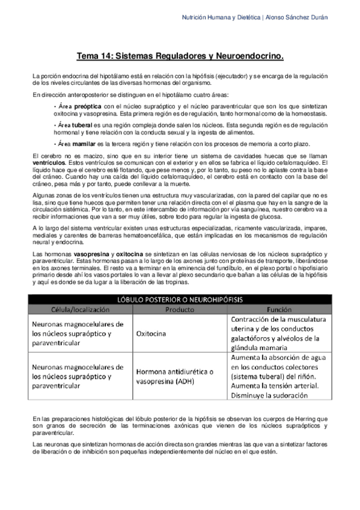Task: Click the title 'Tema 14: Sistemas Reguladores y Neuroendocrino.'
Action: [180, 57]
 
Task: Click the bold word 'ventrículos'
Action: [49, 163]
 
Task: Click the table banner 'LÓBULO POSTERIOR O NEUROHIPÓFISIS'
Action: [180, 299]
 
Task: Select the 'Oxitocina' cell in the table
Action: [154, 333]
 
